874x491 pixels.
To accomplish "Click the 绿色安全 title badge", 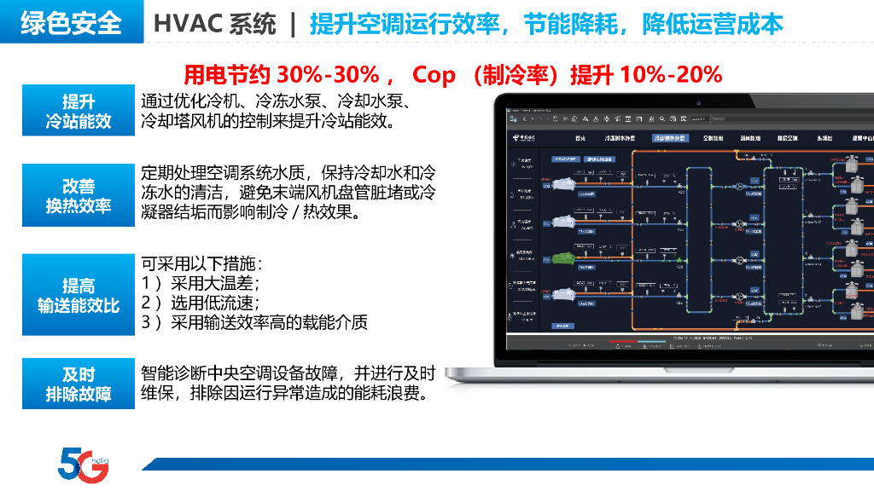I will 72,23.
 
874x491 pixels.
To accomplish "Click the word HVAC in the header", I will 179,24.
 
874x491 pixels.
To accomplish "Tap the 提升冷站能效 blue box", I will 79,112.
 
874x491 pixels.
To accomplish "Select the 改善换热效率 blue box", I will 79,196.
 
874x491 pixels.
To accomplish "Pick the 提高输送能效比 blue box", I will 79,296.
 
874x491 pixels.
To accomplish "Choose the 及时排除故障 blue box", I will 79,384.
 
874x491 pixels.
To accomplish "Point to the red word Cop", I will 434,75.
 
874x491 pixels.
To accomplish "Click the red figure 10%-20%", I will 671,75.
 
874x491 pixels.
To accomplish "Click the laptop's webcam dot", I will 697,103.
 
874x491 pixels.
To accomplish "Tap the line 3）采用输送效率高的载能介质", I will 254,322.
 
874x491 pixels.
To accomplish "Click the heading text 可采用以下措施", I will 201,263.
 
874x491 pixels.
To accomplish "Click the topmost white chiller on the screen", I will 565,182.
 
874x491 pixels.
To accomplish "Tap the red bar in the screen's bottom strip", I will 622,343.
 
